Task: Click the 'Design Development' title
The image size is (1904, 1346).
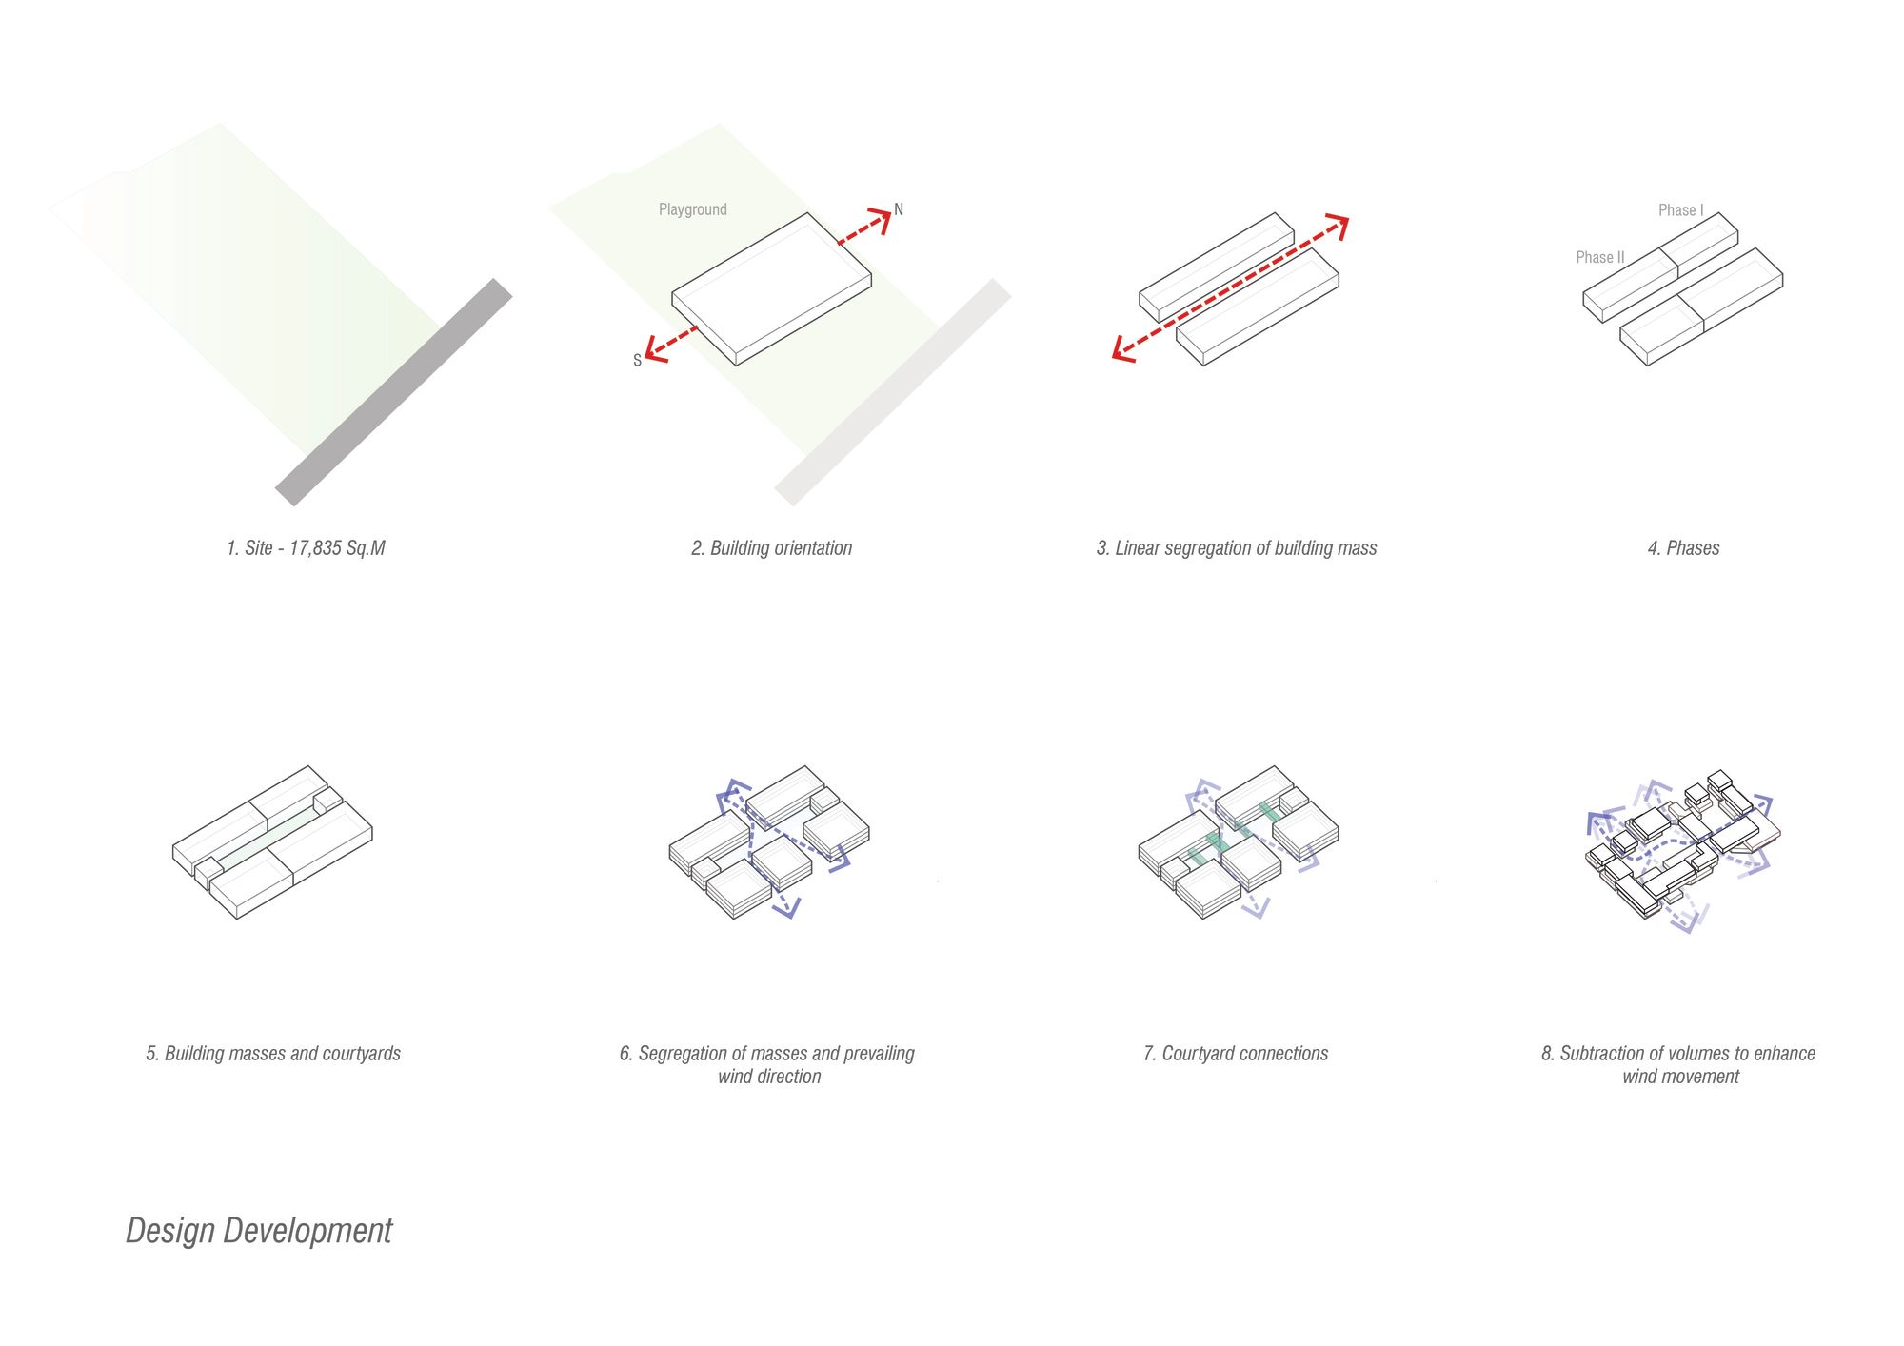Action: click(x=259, y=1231)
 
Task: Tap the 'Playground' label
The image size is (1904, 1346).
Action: click(x=692, y=209)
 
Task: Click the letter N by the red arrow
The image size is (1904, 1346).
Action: click(x=899, y=209)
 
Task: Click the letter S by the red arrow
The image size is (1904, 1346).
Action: click(x=637, y=360)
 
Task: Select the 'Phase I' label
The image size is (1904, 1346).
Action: click(x=1681, y=210)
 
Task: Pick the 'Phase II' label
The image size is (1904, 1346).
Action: click(x=1600, y=257)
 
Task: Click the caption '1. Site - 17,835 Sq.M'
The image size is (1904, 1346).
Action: click(x=306, y=548)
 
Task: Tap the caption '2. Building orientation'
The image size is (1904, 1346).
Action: click(x=771, y=548)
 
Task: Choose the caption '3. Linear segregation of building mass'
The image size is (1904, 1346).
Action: click(x=1237, y=548)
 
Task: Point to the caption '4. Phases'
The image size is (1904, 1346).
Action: click(x=1683, y=548)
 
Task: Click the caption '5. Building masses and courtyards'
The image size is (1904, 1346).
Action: click(x=273, y=1054)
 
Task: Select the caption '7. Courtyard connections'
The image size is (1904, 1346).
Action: click(x=1236, y=1054)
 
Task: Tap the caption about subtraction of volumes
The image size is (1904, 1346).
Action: click(x=1678, y=1065)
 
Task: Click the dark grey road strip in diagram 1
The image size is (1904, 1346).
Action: click(x=394, y=392)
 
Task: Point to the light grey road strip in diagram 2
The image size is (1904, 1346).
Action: click(x=893, y=392)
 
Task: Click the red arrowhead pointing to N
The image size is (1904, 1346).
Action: click(x=882, y=218)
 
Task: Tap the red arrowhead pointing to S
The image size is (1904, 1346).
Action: click(x=654, y=349)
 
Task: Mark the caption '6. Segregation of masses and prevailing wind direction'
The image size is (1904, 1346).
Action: click(x=767, y=1065)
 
